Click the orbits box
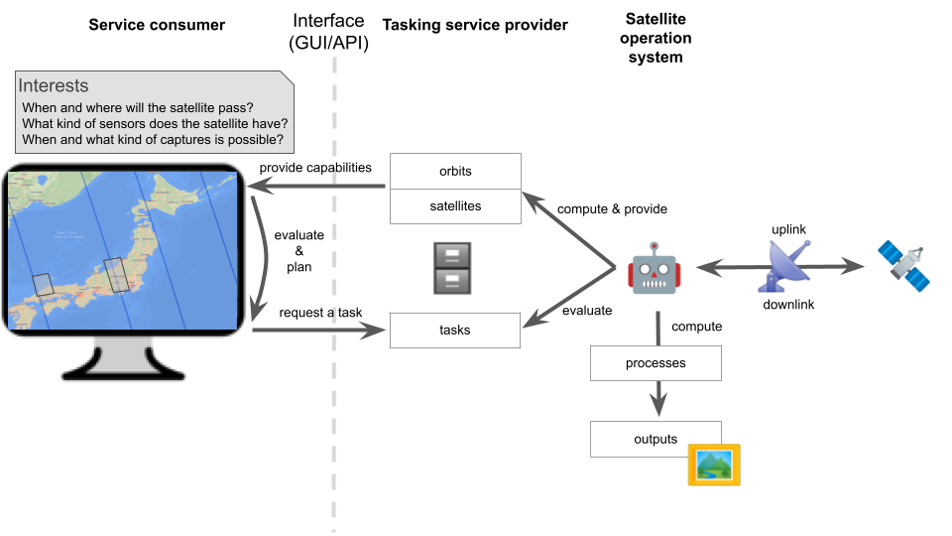(455, 171)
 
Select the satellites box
(455, 205)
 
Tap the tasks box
(455, 330)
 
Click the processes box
(655, 363)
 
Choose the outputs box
(655, 439)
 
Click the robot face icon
(654, 267)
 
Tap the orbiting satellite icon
(904, 266)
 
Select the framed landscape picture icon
(714, 465)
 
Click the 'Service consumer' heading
(157, 25)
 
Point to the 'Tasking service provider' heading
(475, 25)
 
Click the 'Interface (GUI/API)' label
(328, 31)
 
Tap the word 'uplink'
(788, 229)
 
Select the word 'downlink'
(788, 305)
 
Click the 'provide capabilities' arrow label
(315, 168)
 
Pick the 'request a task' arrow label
(320, 313)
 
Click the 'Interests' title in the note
(54, 86)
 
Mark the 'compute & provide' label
(612, 209)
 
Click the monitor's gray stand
(125, 359)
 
